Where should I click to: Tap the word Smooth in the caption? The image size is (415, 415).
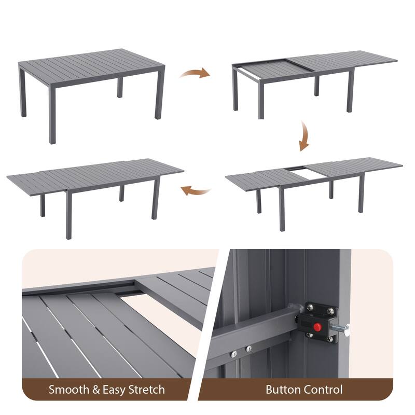click(69, 390)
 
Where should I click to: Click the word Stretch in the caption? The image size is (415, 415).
click(147, 390)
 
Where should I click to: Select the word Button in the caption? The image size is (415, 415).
click(283, 390)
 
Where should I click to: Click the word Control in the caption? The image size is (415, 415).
click(323, 390)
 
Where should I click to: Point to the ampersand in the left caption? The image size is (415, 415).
click(96, 390)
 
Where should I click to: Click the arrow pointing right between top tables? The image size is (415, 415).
click(195, 73)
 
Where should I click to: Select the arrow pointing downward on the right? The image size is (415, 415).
click(304, 136)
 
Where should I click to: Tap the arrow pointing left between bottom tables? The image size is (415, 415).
click(196, 191)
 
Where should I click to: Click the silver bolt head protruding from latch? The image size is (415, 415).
click(346, 330)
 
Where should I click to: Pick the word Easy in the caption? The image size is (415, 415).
click(114, 390)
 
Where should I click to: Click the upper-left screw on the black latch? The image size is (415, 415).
click(310, 307)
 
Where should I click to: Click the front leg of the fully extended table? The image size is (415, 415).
click(68, 214)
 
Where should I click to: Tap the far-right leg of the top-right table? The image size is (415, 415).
click(351, 90)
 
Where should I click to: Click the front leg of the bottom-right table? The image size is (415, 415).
click(282, 209)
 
